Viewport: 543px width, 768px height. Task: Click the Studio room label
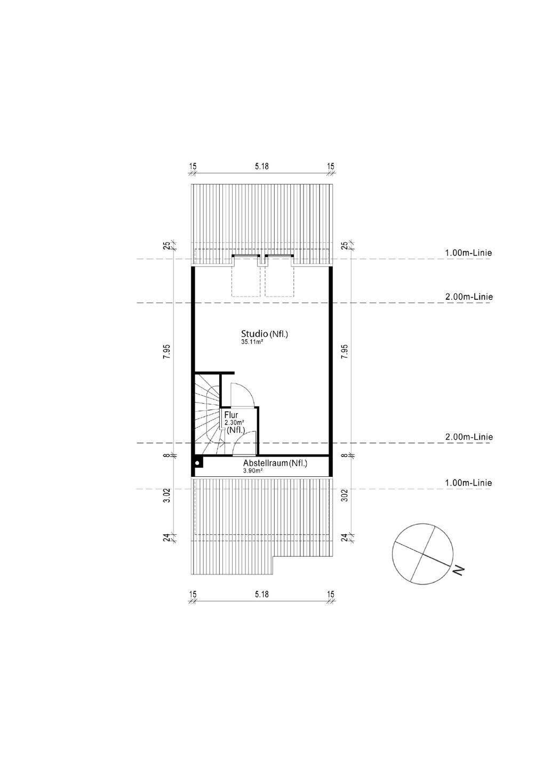tap(255, 333)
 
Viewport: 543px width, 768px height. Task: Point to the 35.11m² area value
tap(252, 341)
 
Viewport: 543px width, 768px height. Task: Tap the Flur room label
tap(231, 415)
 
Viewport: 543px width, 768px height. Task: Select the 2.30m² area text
tap(234, 423)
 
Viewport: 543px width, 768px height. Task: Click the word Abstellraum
tap(265, 463)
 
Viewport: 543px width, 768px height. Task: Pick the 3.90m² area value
tap(253, 471)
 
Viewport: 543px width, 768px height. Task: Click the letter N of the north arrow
tap(458, 570)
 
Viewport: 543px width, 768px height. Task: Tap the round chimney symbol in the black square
tap(197, 463)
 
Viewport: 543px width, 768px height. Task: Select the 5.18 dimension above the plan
tap(261, 166)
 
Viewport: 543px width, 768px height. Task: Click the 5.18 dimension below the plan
tap(261, 594)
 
